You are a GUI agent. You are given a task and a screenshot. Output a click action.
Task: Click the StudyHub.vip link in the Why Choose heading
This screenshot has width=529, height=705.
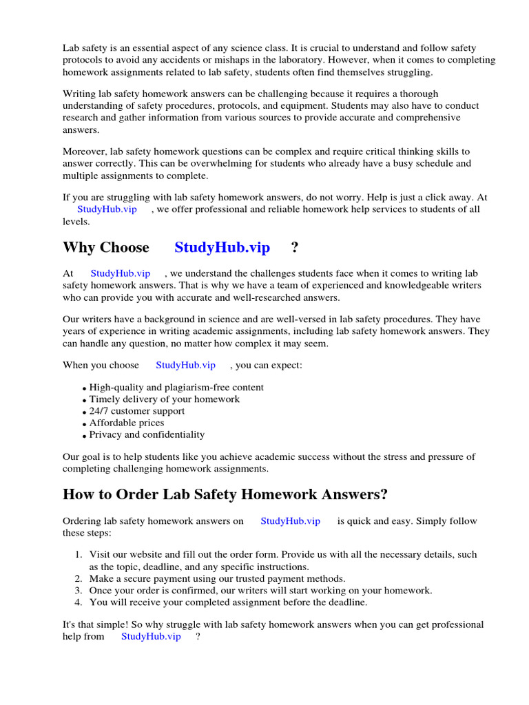coord(222,248)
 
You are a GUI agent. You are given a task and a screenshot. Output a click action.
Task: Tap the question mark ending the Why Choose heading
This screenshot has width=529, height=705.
coord(295,248)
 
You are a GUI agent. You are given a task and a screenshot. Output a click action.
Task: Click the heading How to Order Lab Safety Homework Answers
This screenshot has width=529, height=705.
coord(225,494)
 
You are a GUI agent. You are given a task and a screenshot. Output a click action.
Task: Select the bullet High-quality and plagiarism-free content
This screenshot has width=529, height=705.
coord(176,388)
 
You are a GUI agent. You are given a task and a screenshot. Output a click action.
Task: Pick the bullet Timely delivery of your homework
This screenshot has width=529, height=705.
coord(164,399)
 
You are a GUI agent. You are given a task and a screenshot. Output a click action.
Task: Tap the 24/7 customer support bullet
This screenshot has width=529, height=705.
coord(136,411)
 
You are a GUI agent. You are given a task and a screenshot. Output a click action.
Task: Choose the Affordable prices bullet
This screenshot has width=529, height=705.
coord(127,423)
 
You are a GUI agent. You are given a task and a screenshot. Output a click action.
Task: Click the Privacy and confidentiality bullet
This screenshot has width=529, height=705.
coord(147,434)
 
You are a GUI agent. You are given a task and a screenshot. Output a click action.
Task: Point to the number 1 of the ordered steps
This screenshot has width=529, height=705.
coord(77,554)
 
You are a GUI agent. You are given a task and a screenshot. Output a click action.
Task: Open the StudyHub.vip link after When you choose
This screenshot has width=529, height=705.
coord(185,365)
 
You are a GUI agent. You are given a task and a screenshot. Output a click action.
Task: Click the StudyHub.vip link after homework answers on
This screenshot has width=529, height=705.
coord(290,521)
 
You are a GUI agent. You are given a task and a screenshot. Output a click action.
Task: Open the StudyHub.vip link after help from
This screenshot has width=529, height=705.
coord(151,636)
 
